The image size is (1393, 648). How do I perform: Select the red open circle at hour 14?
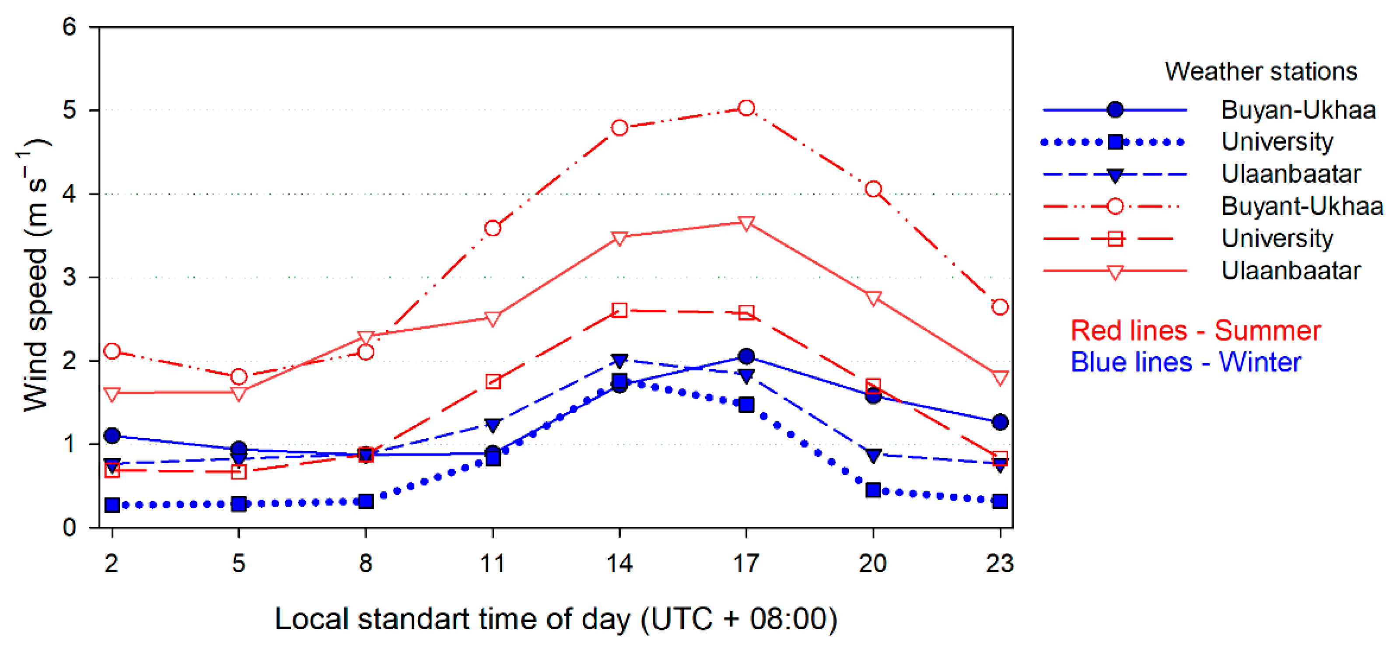click(619, 128)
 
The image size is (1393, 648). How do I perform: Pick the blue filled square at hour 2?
click(112, 504)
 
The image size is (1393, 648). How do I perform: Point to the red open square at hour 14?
click(619, 310)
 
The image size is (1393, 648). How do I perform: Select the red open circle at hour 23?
click(1000, 307)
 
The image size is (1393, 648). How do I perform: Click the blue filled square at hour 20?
click(873, 490)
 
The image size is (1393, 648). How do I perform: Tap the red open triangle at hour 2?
click(112, 394)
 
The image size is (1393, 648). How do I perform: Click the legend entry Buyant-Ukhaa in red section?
click(1302, 206)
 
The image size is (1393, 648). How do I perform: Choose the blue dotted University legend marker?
click(1114, 142)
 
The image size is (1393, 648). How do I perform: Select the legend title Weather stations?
click(1260, 71)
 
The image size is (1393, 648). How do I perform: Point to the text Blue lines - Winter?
click(1185, 362)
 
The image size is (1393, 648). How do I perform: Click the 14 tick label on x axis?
click(619, 564)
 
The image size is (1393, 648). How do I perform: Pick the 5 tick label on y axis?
click(69, 110)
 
